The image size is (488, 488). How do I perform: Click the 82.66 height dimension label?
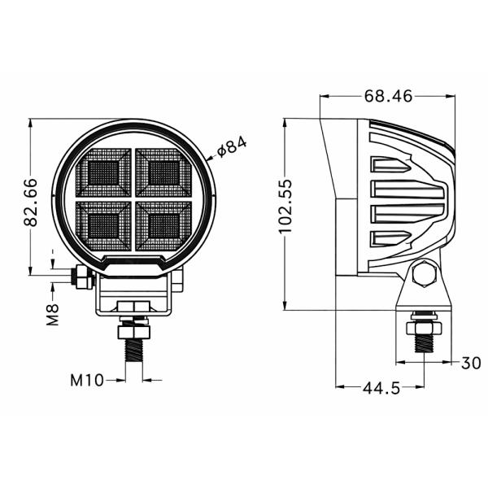pos(30,202)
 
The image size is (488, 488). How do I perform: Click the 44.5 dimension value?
pos(381,388)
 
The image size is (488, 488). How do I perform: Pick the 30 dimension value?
pos(470,364)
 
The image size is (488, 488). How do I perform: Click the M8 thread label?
pos(54,314)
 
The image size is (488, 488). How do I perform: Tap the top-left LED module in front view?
pos(103,172)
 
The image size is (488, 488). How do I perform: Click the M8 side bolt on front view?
pos(81,278)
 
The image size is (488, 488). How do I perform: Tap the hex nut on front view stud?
pos(133,333)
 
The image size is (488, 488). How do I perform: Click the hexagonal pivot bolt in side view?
pos(424,275)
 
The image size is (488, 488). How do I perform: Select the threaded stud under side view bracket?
pos(424,342)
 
